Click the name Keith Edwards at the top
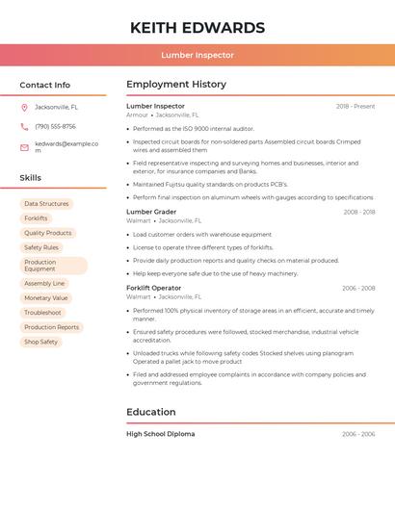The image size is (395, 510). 197,27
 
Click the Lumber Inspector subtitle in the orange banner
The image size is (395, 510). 197,55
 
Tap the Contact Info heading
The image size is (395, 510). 44,85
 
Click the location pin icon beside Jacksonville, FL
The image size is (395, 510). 24,108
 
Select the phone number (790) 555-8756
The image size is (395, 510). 55,126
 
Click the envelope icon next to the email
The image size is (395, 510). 24,147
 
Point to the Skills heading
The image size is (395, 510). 30,178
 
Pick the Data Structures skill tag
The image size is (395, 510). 46,204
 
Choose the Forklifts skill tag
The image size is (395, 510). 36,218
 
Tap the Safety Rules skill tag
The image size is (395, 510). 41,247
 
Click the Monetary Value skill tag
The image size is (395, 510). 45,298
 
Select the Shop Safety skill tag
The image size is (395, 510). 40,342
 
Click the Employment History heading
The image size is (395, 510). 176,85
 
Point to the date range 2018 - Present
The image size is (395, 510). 355,106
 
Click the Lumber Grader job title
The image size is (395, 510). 151,212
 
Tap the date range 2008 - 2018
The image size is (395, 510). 358,212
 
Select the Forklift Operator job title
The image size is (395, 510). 153,288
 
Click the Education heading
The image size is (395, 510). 151,412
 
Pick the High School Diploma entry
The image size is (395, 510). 160,434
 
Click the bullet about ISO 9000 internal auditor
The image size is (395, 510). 194,128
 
